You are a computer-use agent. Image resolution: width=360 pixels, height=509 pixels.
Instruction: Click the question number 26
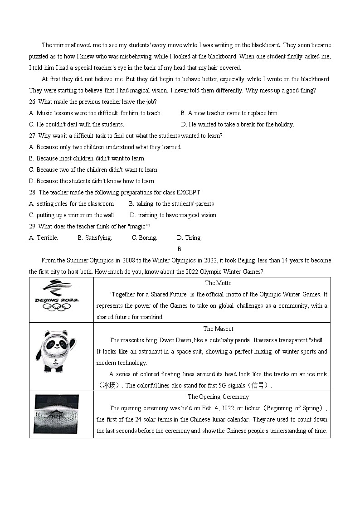tap(33, 102)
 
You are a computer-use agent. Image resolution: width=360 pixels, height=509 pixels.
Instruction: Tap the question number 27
tap(33, 136)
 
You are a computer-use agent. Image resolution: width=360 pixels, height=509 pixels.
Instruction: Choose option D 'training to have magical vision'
tap(173, 215)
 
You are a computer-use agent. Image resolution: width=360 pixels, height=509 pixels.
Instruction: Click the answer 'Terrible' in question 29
tap(47, 238)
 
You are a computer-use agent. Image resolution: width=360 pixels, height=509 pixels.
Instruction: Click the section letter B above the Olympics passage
tap(180, 249)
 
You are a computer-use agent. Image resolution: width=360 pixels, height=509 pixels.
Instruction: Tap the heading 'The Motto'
tap(218, 283)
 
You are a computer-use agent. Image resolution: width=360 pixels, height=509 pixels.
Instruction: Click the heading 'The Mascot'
tap(218, 329)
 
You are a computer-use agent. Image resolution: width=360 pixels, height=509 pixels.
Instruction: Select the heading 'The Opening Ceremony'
tap(218, 397)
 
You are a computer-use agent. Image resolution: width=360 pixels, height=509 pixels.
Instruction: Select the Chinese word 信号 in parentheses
tap(260, 386)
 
